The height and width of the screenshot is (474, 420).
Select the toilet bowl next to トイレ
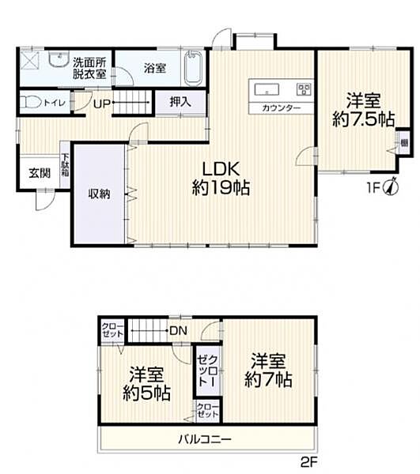pyautogui.click(x=31, y=103)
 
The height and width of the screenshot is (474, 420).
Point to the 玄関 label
pyautogui.click(x=40, y=173)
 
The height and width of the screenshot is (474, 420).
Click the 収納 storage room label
pyautogui.click(x=99, y=192)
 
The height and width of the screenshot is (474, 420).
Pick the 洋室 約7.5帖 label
pyautogui.click(x=364, y=110)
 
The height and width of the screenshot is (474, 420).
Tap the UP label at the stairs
pyautogui.click(x=101, y=103)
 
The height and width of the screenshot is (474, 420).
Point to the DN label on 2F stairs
pyautogui.click(x=177, y=332)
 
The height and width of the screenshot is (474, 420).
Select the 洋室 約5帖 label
pyautogui.click(x=146, y=382)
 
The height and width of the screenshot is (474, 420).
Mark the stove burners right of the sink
pyautogui.click(x=303, y=87)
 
